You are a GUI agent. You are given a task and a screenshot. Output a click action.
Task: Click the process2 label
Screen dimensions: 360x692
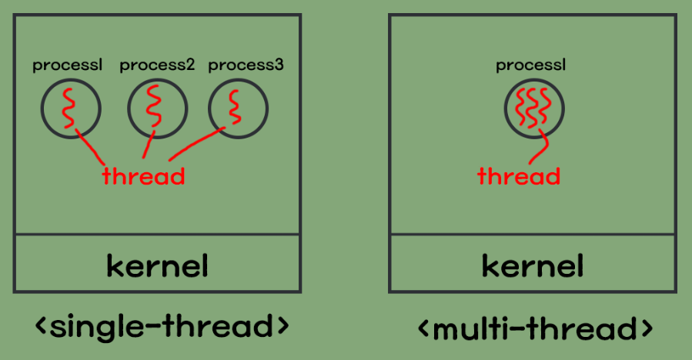click(x=157, y=66)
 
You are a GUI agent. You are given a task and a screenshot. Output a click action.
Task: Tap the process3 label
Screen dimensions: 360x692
click(x=246, y=65)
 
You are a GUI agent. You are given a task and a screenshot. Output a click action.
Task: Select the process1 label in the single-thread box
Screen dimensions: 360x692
click(x=68, y=66)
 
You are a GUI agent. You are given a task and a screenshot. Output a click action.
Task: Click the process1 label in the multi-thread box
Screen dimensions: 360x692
click(x=531, y=65)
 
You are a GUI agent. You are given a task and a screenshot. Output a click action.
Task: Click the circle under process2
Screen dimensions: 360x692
click(x=157, y=108)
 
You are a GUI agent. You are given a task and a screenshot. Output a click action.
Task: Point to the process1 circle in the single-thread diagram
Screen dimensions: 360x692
click(x=70, y=108)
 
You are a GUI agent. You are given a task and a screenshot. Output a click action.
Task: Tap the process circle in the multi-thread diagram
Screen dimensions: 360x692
click(x=533, y=108)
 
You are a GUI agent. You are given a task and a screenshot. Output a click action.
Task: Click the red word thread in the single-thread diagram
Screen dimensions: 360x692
click(x=144, y=176)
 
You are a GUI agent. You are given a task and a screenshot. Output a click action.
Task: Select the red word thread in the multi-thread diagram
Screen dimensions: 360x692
click(x=519, y=176)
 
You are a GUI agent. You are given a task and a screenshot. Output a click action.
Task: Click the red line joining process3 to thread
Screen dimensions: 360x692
click(x=192, y=145)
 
